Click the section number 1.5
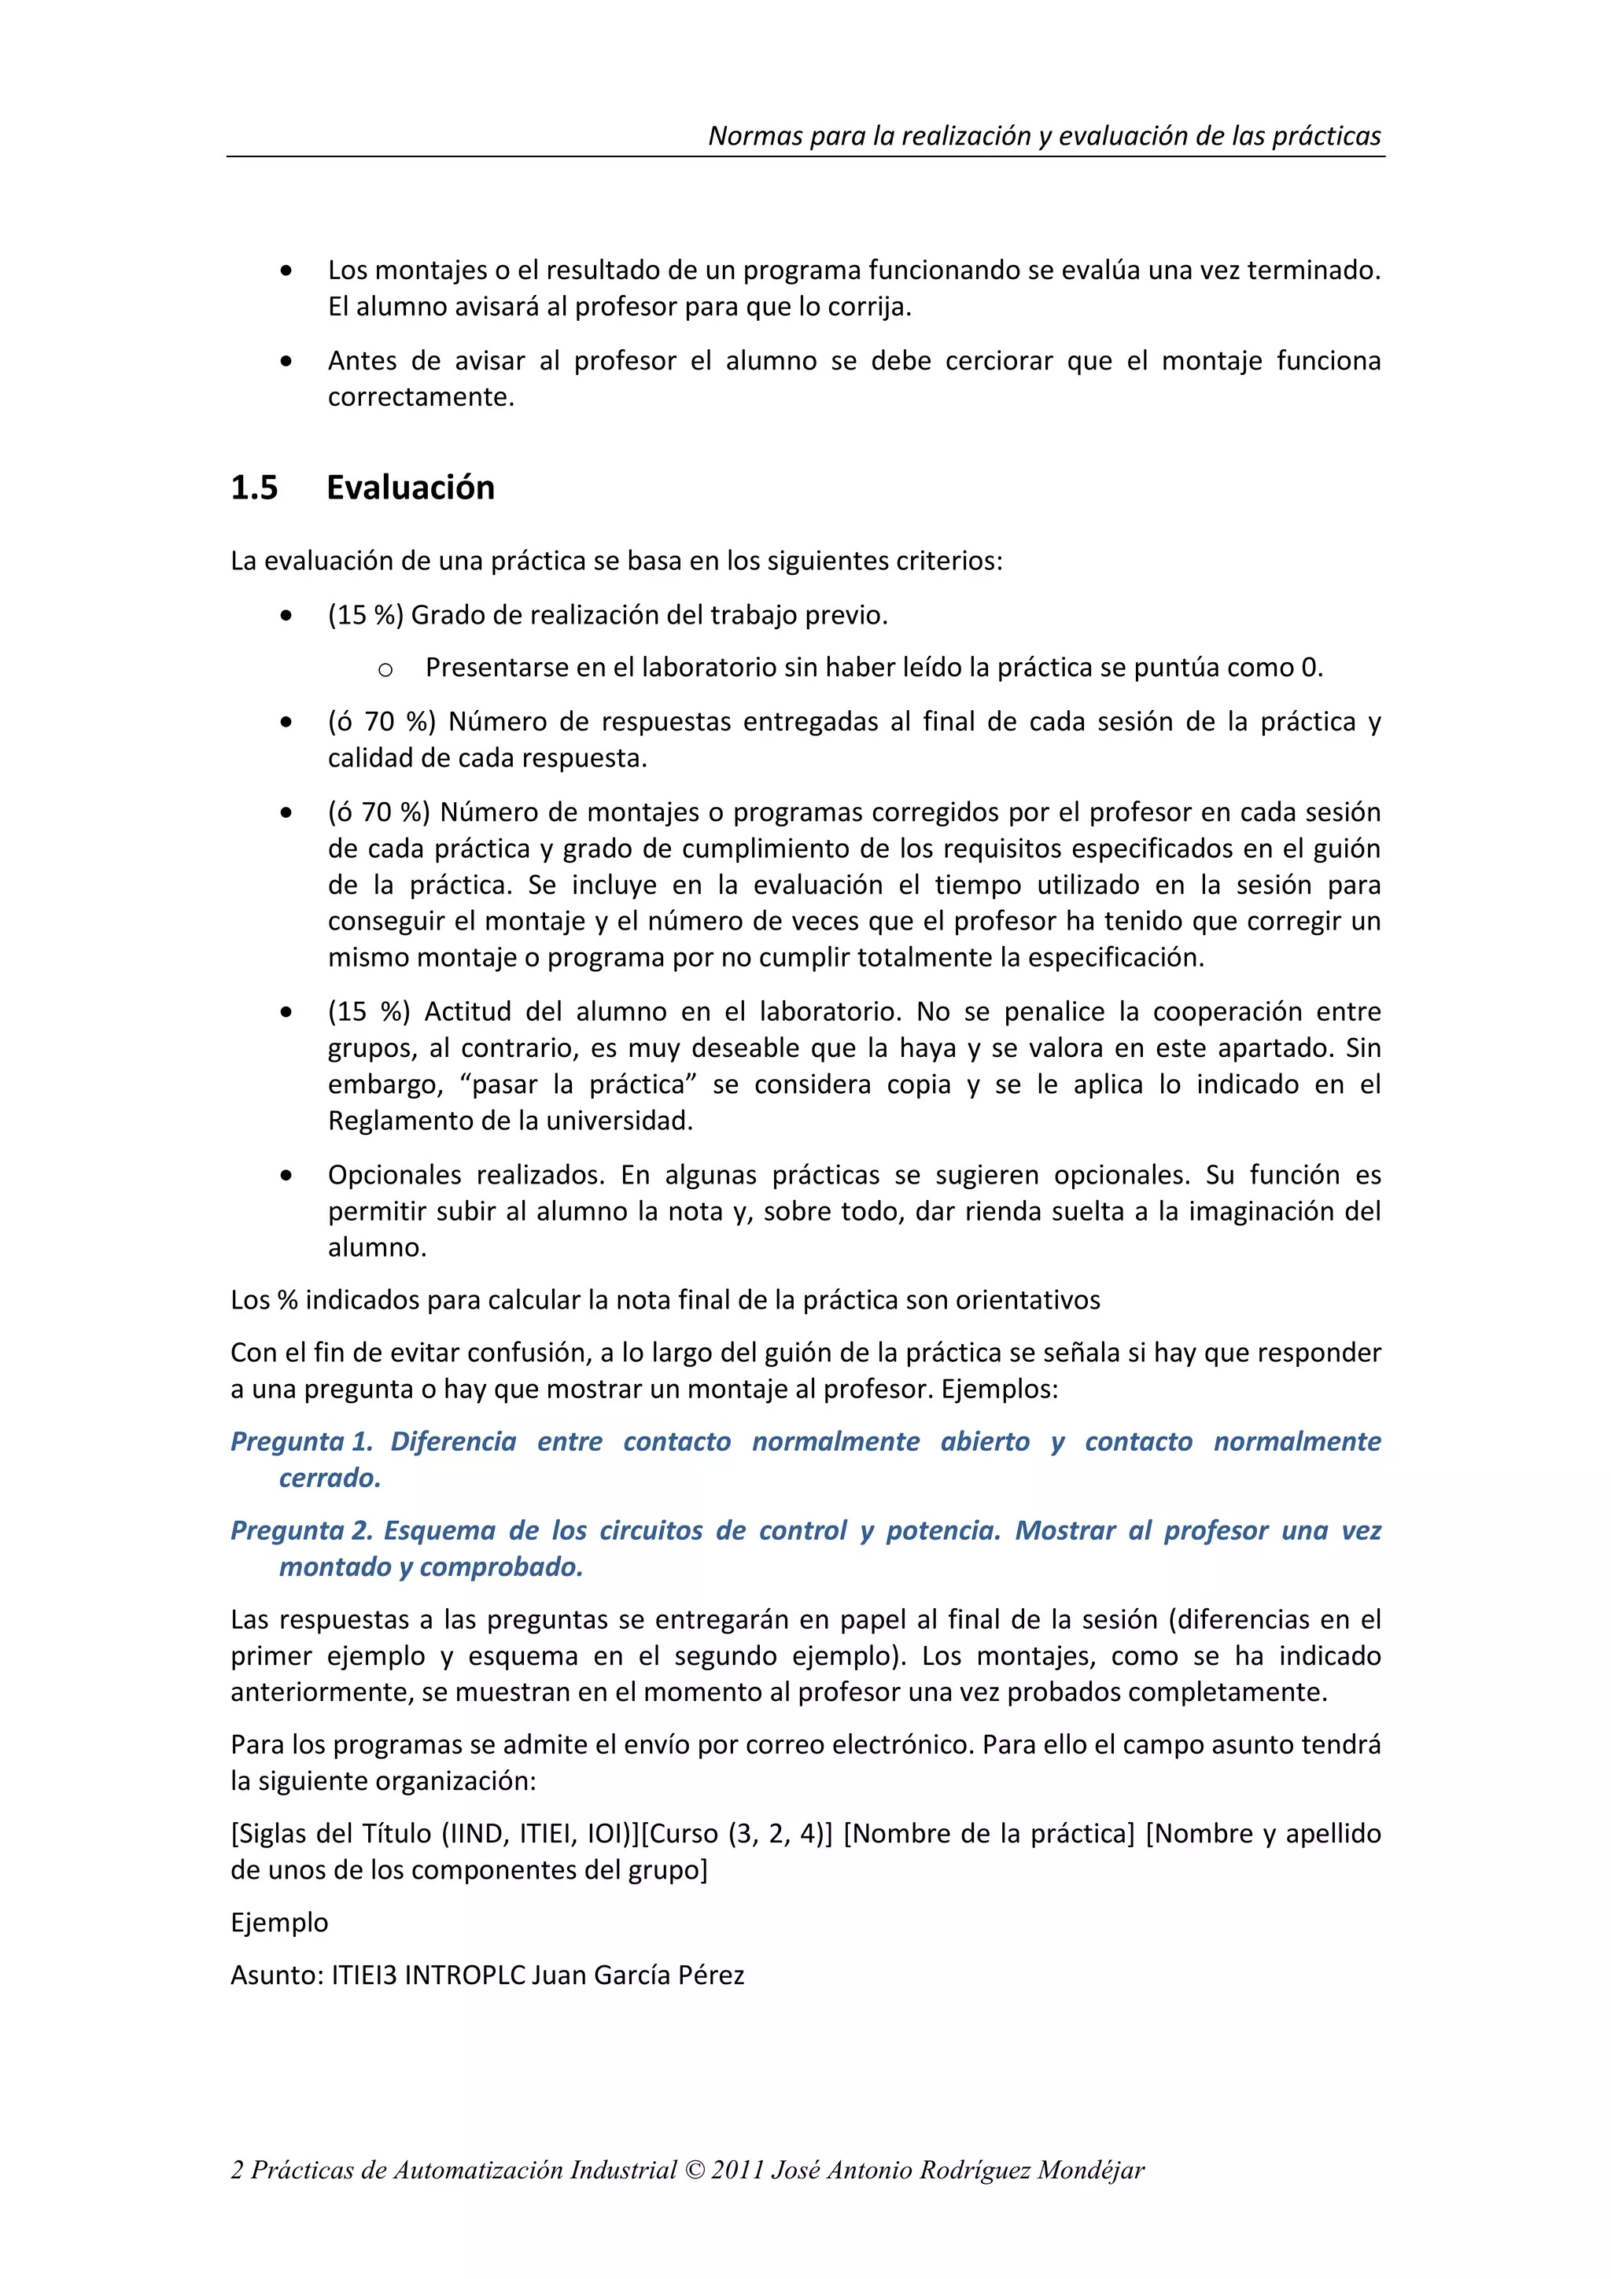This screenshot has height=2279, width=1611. coord(254,488)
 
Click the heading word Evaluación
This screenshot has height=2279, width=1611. coord(410,488)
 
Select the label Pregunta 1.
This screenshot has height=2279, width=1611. coord(300,1441)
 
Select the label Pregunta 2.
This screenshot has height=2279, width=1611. coord(300,1530)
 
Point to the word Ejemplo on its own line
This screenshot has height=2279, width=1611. coord(279,1922)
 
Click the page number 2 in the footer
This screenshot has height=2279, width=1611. coord(238,2170)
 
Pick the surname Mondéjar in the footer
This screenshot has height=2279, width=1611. coord(1091,2170)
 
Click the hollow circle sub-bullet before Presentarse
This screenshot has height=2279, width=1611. coord(385,670)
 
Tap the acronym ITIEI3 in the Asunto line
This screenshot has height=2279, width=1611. coord(364,1975)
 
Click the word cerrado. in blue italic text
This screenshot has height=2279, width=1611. coord(330,1478)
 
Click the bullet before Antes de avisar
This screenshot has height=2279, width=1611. coord(286,363)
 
